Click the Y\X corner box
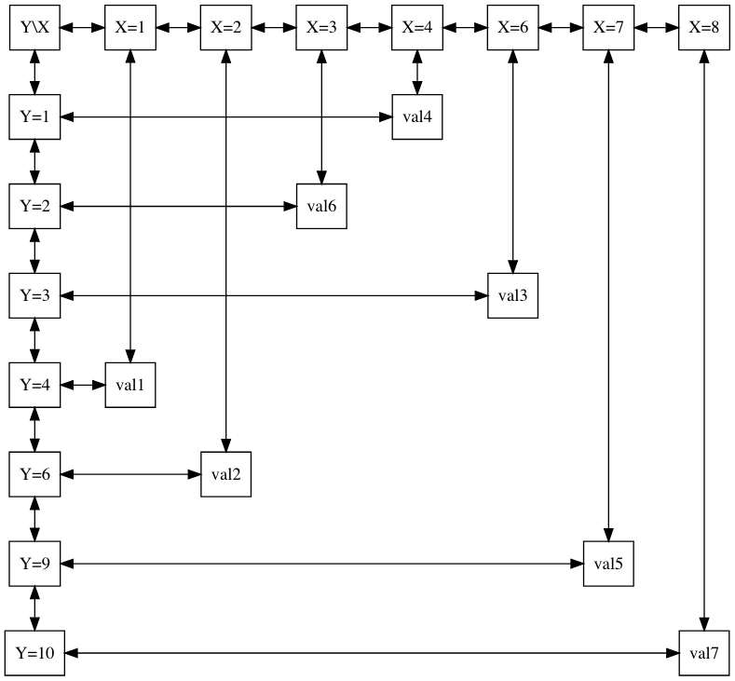[35, 28]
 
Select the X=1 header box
[130, 28]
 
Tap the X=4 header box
[416, 28]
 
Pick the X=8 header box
[703, 28]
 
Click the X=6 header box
[512, 28]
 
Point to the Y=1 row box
[35, 117]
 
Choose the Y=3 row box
[35, 295]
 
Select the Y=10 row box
[35, 654]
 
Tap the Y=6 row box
[35, 474]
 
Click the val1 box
[130, 385]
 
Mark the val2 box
[226, 474]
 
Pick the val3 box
[512, 295]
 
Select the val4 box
[416, 117]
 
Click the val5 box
[608, 564]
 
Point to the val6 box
[321, 206]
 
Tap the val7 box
[703, 654]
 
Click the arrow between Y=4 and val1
[83, 385]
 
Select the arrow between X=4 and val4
[416, 73]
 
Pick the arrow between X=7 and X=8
[656, 28]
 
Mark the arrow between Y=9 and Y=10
[35, 608]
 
